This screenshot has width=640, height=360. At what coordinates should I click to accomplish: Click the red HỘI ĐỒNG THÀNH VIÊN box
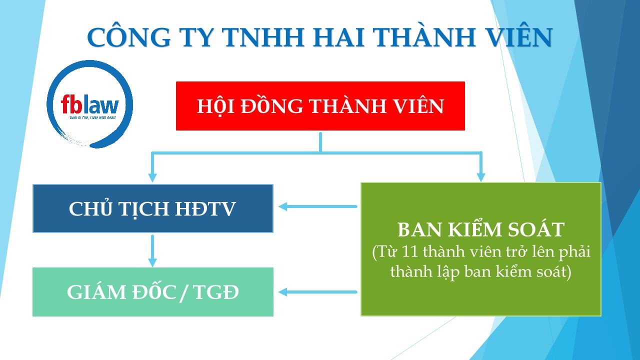pos(320,106)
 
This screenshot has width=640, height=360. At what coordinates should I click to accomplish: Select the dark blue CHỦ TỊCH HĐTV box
pos(153,208)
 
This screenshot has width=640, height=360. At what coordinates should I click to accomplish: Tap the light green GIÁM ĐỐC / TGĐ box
pos(153,291)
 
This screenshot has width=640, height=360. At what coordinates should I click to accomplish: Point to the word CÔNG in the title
pos(129,37)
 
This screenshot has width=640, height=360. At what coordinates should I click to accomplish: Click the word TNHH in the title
pos(262,37)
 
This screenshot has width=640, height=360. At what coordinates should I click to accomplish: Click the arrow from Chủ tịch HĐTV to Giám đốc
pos(152,251)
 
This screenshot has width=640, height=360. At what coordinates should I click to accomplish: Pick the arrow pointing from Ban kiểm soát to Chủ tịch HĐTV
pos(317,206)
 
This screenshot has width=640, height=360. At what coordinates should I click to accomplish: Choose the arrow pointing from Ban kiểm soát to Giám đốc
pos(317,292)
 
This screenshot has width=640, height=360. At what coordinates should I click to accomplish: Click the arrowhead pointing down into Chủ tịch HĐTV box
pos(152,177)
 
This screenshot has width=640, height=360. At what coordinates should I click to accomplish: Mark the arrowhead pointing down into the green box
pos(481,177)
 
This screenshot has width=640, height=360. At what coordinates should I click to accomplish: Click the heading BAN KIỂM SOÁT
pos(481,229)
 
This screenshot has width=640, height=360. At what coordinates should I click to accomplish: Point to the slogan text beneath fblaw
pos(93,117)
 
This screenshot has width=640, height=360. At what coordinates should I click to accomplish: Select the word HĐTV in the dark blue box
pos(205,208)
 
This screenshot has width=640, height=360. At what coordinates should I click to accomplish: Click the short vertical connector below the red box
pos(320,142)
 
